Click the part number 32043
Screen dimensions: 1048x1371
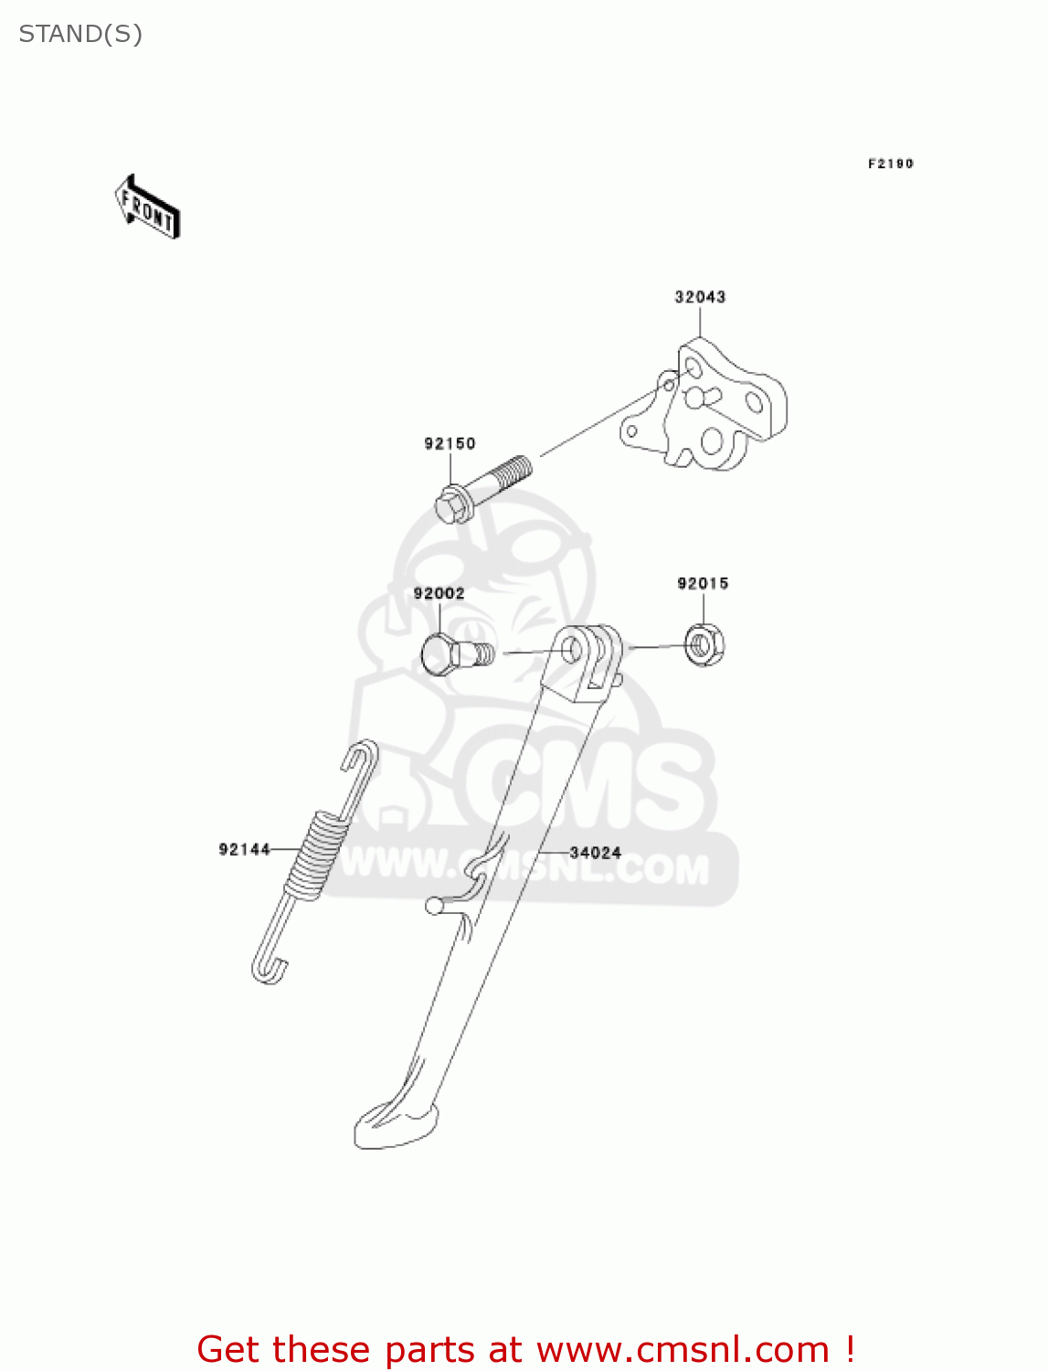700,297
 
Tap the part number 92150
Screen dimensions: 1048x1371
450,444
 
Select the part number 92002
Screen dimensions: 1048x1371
439,594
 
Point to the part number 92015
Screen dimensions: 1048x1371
703,584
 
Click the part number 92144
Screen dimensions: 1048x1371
244,850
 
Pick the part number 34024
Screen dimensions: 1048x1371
595,853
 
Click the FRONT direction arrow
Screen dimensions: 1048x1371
147,207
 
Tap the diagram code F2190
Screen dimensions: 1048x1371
890,164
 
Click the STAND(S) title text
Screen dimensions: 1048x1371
80,35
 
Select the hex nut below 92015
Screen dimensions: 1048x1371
704,645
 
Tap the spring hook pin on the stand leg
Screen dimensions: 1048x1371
435,906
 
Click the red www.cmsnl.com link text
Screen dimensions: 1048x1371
682,1350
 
